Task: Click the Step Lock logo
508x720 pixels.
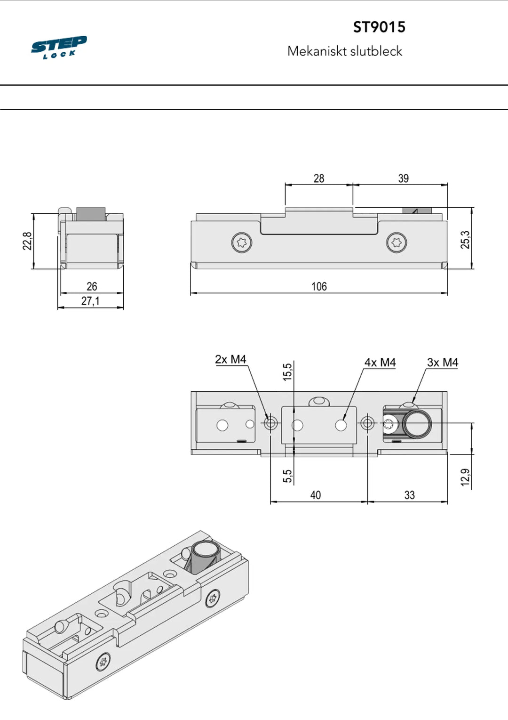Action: click(x=59, y=47)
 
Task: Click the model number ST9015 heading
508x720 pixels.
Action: click(x=379, y=27)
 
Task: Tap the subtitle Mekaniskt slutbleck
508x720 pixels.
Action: click(x=344, y=51)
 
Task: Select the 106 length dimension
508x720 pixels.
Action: click(x=318, y=286)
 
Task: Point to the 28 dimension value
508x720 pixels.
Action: click(x=318, y=178)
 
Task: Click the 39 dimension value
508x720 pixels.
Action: click(x=403, y=178)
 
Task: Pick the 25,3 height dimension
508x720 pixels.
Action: click(x=465, y=240)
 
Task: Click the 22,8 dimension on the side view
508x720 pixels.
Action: click(x=27, y=241)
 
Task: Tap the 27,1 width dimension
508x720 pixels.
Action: click(x=90, y=301)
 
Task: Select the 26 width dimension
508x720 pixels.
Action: click(x=92, y=286)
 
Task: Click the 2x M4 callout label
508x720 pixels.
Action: click(x=230, y=359)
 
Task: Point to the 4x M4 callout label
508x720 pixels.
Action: click(x=380, y=362)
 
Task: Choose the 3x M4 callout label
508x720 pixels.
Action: click(x=442, y=362)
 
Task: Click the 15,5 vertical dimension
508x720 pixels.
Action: click(x=287, y=372)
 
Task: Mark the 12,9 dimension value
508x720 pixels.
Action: click(x=465, y=477)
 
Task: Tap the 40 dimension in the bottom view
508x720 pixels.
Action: click(x=315, y=495)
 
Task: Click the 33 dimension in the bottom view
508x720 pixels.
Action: click(x=409, y=495)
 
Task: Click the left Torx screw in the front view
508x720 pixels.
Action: click(x=242, y=243)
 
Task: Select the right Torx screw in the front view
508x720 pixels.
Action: click(x=396, y=243)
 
